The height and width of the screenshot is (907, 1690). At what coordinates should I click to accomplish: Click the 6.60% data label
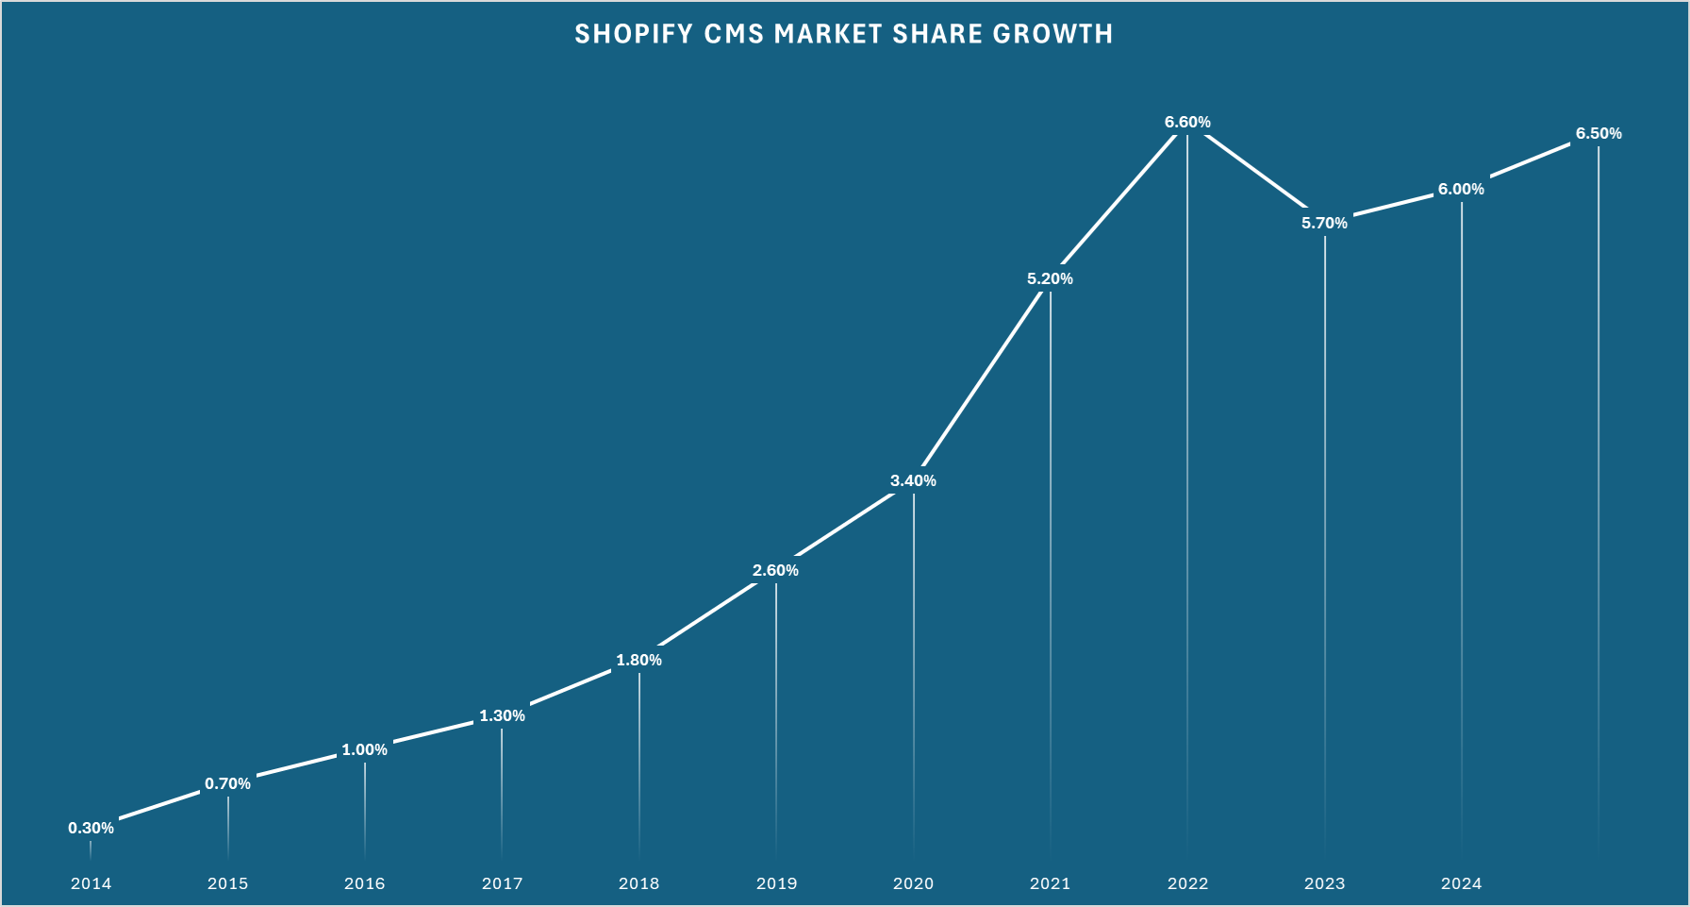click(x=1187, y=123)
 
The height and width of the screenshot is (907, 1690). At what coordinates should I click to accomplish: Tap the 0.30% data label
click(x=91, y=829)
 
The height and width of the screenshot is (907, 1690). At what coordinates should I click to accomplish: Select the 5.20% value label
click(x=1050, y=279)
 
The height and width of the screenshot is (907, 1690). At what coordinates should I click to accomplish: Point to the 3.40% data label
click(x=913, y=481)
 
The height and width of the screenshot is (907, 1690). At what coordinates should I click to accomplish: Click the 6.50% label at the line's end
click(x=1599, y=134)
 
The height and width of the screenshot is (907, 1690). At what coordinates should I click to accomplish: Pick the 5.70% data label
click(x=1324, y=224)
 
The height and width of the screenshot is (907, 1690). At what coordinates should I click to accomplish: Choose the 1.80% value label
click(x=638, y=661)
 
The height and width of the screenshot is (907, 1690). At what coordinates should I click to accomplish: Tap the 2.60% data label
click(x=775, y=571)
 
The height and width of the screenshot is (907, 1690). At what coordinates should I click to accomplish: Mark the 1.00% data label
click(x=364, y=750)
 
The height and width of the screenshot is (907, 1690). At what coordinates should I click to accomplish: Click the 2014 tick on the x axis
click(x=91, y=884)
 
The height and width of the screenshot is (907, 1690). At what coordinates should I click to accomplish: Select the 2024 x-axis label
click(x=1461, y=884)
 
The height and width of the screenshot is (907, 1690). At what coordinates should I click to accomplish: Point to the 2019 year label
click(x=776, y=884)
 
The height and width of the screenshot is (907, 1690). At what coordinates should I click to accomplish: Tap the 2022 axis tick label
click(x=1187, y=884)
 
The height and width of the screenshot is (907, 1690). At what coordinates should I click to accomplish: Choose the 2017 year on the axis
click(x=502, y=884)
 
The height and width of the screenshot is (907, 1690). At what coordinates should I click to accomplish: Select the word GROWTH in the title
click(x=1052, y=35)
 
